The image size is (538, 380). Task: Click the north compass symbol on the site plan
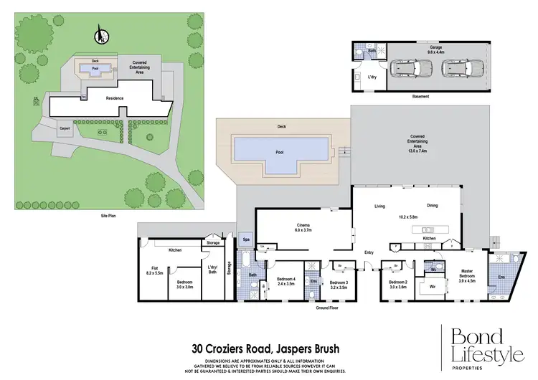(101, 34)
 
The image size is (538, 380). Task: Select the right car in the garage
(463, 69)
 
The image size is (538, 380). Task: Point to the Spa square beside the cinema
(246, 239)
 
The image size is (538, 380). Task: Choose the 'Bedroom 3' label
(339, 284)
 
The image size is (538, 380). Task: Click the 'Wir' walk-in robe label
(433, 288)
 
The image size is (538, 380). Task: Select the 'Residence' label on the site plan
(115, 98)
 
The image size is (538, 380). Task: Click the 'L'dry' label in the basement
(372, 76)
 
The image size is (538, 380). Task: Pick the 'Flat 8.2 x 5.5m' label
(154, 271)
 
